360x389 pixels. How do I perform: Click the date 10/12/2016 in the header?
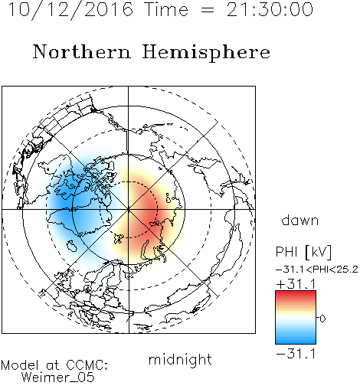click(70, 10)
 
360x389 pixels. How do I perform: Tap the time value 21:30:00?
click(270, 10)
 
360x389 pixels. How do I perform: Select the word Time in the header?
click(166, 10)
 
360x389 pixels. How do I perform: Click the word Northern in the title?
click(81, 51)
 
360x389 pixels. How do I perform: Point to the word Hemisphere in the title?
click(206, 53)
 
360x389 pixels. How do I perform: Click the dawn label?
click(300, 220)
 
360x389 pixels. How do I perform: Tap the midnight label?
click(180, 359)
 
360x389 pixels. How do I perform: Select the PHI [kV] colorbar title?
click(303, 252)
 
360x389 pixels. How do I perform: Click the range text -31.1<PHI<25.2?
click(317, 270)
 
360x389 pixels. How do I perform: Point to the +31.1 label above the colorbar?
click(296, 284)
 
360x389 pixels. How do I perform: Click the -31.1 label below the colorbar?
click(296, 354)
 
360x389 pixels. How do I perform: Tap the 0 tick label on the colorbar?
click(322, 319)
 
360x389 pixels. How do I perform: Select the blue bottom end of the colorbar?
click(296, 342)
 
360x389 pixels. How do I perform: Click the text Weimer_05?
click(58, 377)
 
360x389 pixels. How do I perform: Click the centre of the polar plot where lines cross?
click(129, 209)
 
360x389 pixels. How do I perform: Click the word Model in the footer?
click(20, 365)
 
